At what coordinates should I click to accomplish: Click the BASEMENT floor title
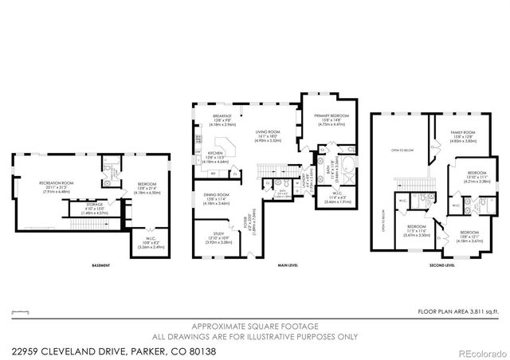coord(101,265)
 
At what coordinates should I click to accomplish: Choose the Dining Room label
coord(218,198)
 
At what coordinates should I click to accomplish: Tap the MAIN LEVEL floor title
coord(288,265)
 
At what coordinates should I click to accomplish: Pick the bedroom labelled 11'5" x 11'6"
coord(417,232)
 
